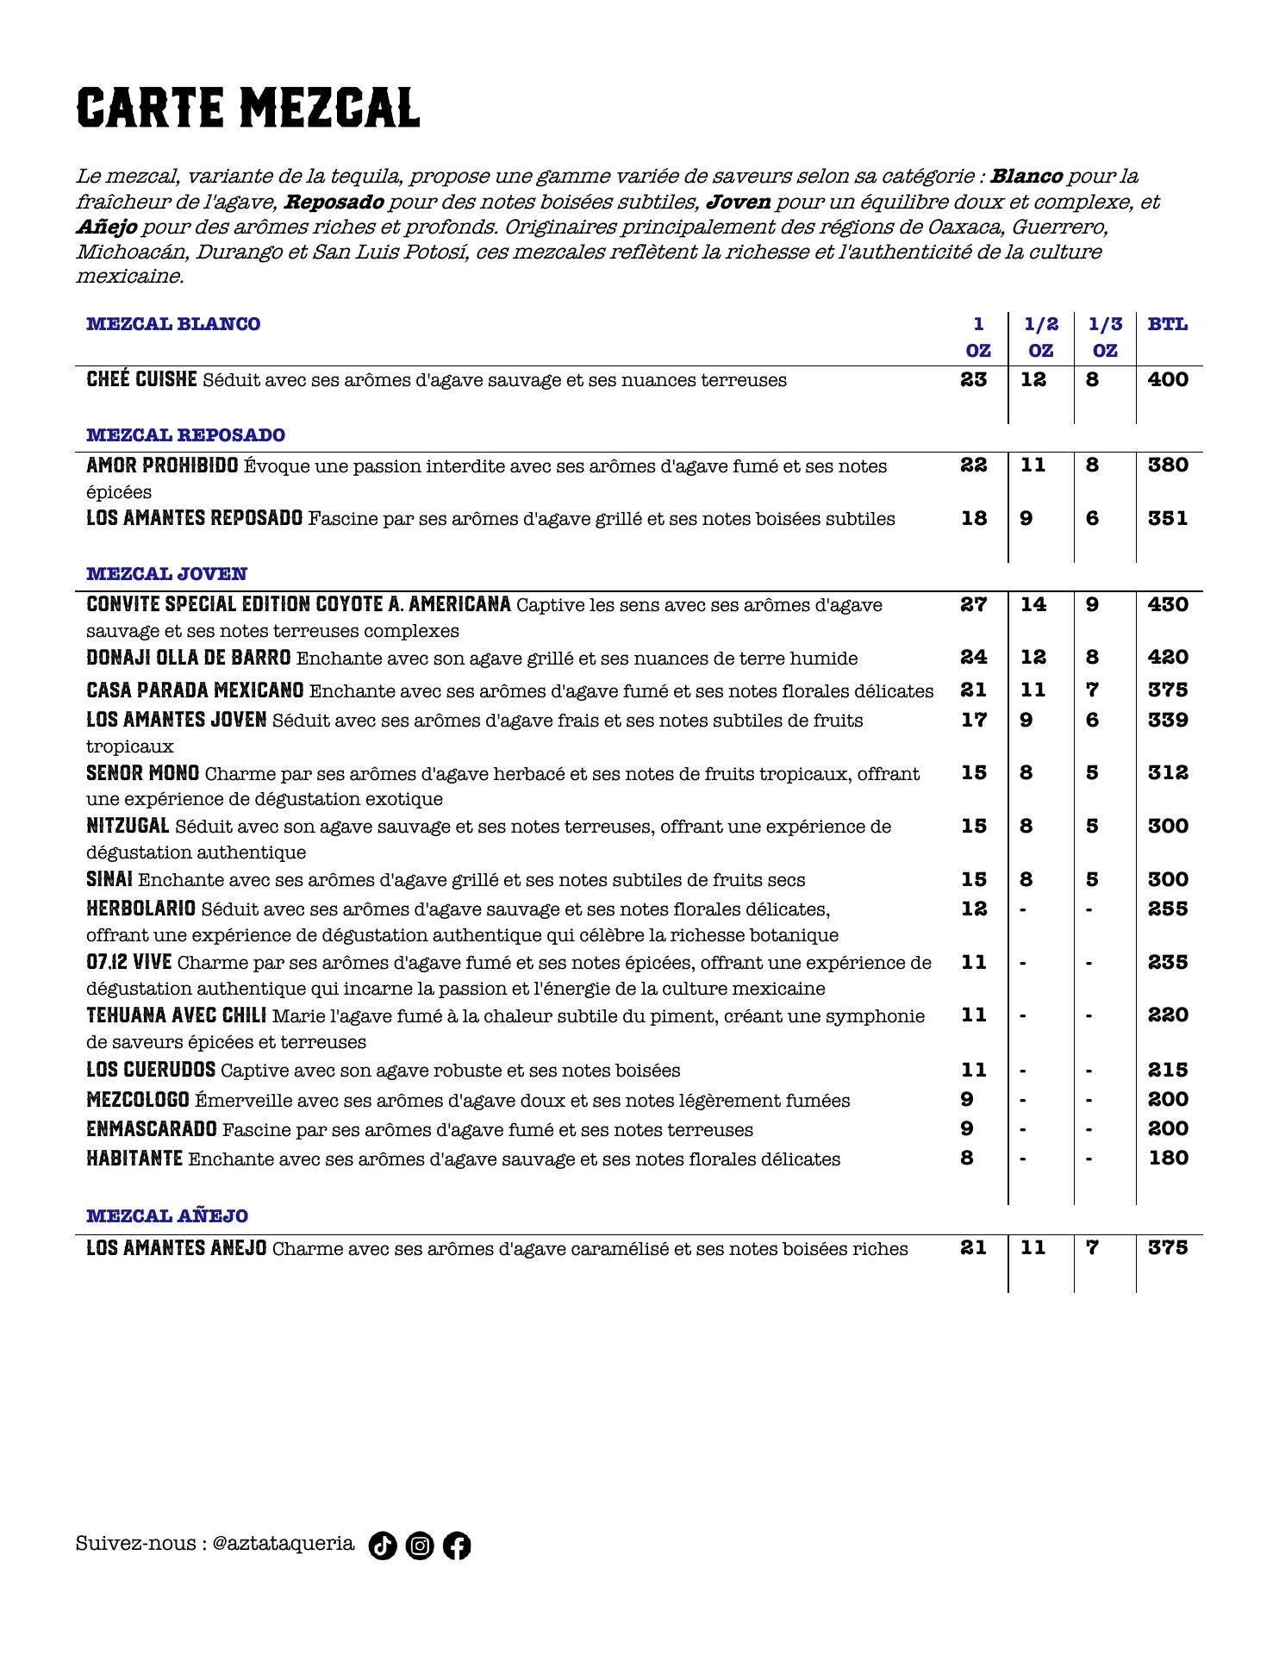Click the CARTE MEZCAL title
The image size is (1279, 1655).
click(x=248, y=109)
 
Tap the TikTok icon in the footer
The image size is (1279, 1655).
click(x=383, y=1546)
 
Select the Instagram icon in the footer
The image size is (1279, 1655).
click(x=420, y=1546)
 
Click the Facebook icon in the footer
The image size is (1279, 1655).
click(x=457, y=1546)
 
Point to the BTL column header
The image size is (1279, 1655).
click(x=1167, y=325)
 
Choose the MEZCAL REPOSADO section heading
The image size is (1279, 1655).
click(x=185, y=435)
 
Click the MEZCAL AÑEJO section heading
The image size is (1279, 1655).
click(x=167, y=1216)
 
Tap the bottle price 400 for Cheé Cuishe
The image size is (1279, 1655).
click(x=1168, y=379)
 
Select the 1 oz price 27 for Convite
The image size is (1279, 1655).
click(x=974, y=604)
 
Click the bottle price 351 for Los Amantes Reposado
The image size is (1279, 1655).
click(x=1168, y=518)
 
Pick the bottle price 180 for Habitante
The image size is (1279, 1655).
click(x=1169, y=1158)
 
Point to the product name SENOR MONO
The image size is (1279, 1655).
click(x=142, y=773)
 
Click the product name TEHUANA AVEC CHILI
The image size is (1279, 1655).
click(x=176, y=1015)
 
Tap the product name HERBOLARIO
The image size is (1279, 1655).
click(x=140, y=909)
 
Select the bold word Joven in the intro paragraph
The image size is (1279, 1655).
click(x=738, y=202)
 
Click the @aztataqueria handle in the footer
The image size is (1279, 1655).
click(x=283, y=1543)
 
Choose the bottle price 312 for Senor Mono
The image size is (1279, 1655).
click(x=1168, y=772)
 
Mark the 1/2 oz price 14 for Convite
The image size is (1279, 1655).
click(x=1033, y=604)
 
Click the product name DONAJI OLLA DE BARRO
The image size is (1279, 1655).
click(x=188, y=658)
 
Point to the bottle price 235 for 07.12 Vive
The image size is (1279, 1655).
click(x=1168, y=962)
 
